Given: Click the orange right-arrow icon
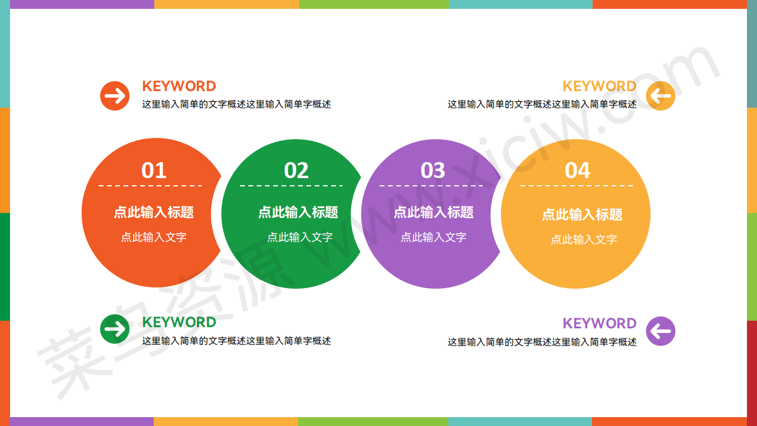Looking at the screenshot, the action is point(115,96).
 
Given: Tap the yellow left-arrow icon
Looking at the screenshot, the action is point(661,96).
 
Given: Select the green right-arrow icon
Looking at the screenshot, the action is point(115,329).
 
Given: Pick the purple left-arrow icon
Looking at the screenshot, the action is point(661,331).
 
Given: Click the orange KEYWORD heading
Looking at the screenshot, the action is point(179,86).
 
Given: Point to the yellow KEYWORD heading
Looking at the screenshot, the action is point(600,86).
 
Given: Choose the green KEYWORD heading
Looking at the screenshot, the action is point(179,322).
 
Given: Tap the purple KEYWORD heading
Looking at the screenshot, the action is point(600,324).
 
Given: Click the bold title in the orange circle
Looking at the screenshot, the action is point(154,212).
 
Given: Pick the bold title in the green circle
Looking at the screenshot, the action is point(298,212).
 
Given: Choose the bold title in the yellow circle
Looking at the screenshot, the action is point(583,215).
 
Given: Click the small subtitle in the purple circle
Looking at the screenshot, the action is point(434,237).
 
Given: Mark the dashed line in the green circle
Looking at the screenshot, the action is point(292,186).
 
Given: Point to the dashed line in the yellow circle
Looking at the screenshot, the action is point(577,186).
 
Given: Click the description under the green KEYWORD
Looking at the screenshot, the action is point(237,341).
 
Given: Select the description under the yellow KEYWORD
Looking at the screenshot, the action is point(542,104).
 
